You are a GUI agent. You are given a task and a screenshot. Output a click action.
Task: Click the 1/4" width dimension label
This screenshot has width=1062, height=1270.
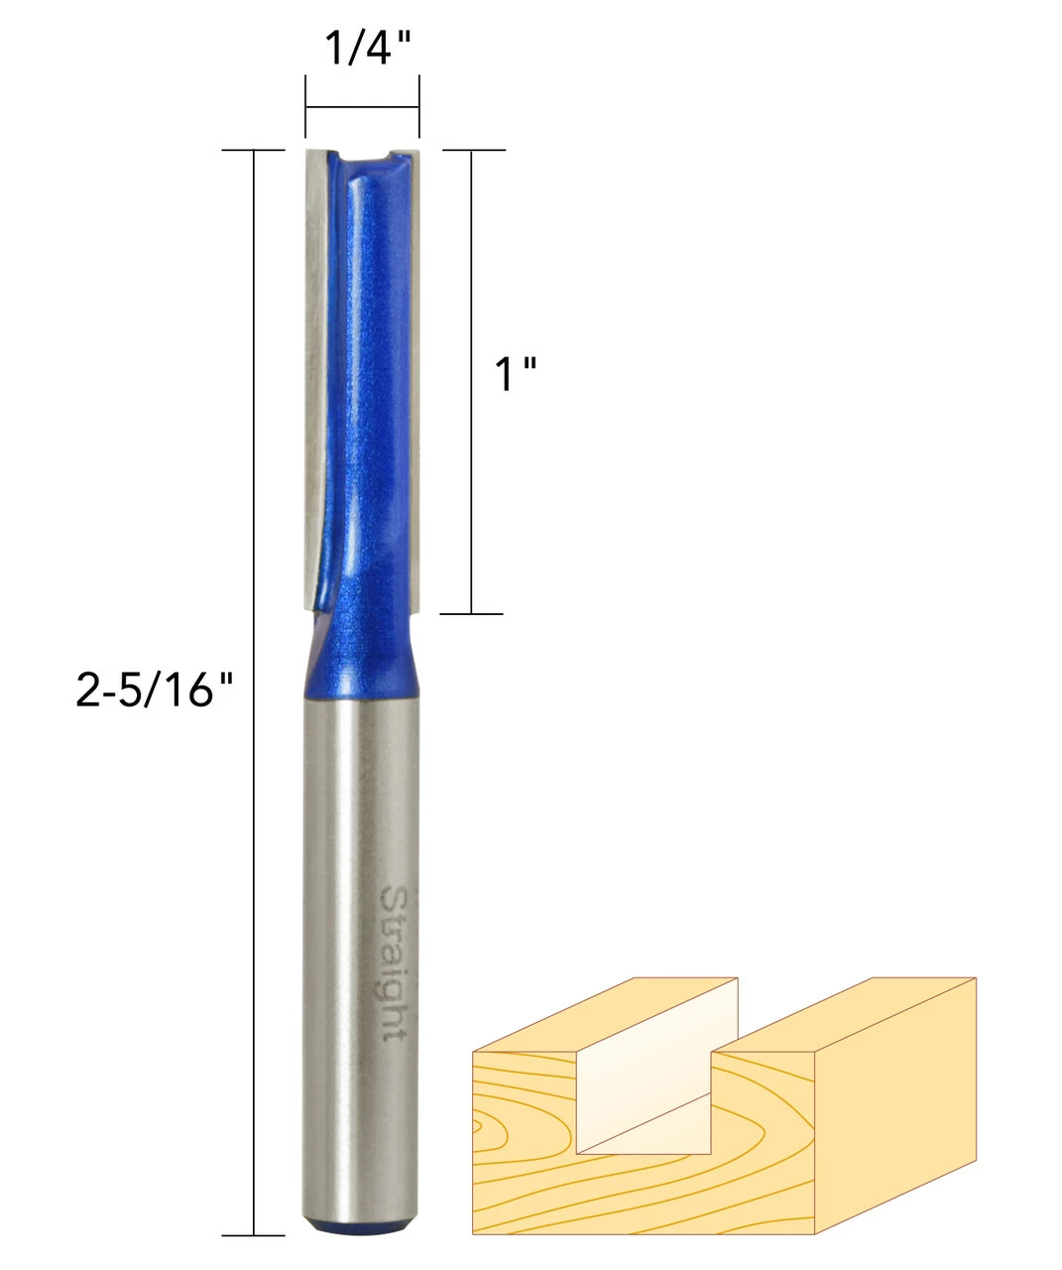369,48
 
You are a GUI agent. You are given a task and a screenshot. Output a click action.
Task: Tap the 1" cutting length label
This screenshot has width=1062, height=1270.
516,374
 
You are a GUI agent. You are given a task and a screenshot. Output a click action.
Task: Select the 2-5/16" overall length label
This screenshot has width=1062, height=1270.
154,690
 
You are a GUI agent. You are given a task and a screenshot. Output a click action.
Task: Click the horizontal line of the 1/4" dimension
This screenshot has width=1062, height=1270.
362,108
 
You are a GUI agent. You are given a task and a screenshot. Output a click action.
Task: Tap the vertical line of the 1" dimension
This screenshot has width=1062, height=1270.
472,381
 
